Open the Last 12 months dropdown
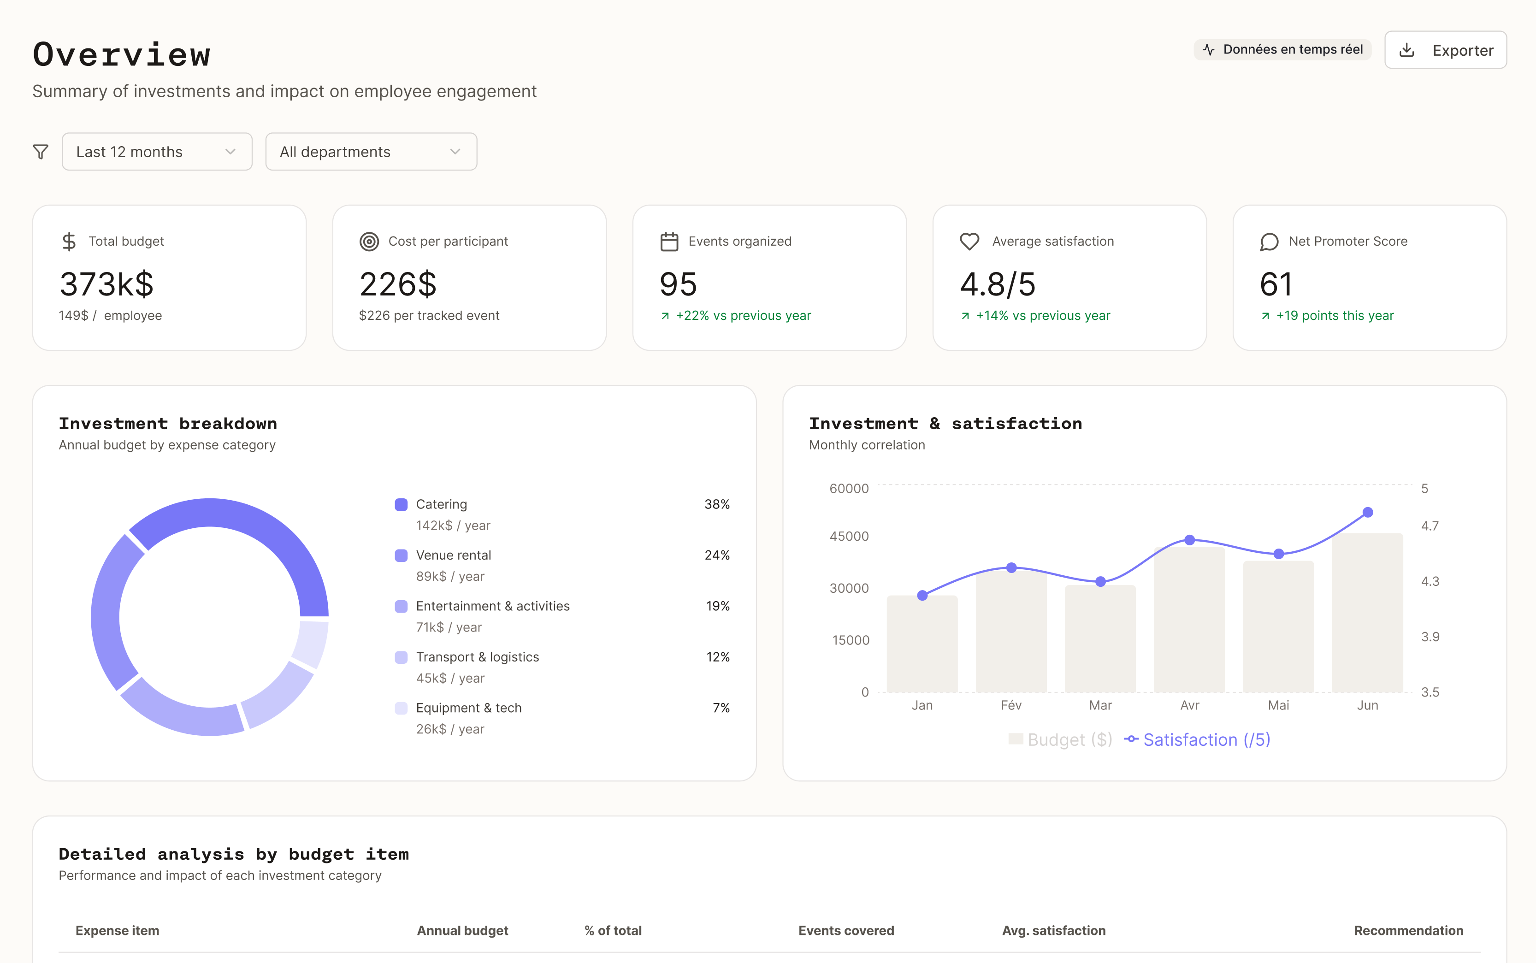[x=157, y=152]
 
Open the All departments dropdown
[x=371, y=152]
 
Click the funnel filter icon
[x=41, y=152]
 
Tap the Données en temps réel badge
[x=1282, y=50]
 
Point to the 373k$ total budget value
[x=107, y=284]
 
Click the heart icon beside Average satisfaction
[x=969, y=242]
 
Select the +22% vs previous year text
[x=743, y=316]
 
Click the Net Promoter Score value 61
[x=1276, y=284]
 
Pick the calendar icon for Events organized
[x=668, y=242]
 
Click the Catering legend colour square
[x=401, y=504]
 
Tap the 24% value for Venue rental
[x=716, y=555]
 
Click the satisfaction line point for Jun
[x=1367, y=512]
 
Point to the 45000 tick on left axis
[x=848, y=536]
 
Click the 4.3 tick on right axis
[x=1430, y=581]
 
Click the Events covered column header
[x=846, y=931]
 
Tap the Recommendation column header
[x=1408, y=931]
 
